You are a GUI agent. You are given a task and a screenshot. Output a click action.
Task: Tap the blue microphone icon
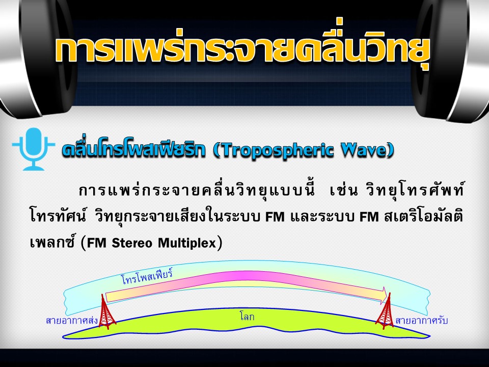[x=34, y=148]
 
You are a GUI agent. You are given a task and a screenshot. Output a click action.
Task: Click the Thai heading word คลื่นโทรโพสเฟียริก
[x=133, y=150]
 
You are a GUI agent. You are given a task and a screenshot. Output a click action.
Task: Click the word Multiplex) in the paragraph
[x=190, y=243]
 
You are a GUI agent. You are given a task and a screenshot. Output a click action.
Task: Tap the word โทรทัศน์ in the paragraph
[x=58, y=216]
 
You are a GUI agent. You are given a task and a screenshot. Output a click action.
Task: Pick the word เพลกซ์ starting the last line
[x=52, y=243]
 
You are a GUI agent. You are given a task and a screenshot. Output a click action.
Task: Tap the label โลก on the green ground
[x=247, y=317]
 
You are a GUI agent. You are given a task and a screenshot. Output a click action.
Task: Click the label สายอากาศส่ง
[x=72, y=321]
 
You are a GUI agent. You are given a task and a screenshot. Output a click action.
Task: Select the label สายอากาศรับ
[x=421, y=321]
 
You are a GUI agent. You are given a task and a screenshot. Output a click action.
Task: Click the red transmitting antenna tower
[x=106, y=311]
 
